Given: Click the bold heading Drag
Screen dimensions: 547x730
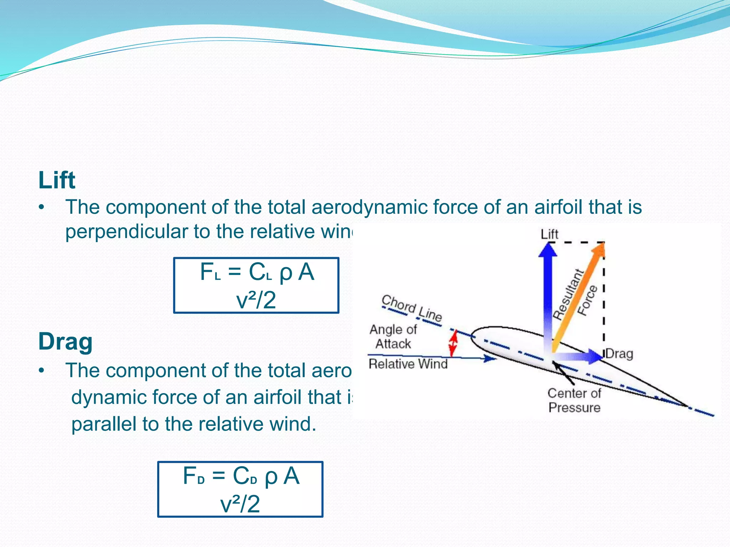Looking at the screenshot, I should point(65,342).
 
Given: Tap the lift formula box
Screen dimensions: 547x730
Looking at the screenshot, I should point(256,285).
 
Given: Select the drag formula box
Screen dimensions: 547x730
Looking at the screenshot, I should point(240,489).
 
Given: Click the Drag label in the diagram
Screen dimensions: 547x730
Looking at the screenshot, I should point(619,354).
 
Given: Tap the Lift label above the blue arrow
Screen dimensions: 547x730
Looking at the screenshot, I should point(549,234).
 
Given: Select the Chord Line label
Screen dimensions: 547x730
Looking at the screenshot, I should point(412,308).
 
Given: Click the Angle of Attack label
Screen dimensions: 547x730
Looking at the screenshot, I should point(393,337).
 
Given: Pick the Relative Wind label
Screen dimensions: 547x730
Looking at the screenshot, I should point(408,364).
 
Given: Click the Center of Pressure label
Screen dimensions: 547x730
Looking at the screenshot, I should point(574,400).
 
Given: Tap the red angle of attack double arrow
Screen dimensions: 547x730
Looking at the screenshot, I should point(453,343).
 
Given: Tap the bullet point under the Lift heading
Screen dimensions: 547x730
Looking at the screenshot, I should point(42,207).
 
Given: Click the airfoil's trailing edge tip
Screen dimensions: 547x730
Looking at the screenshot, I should point(688,406).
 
